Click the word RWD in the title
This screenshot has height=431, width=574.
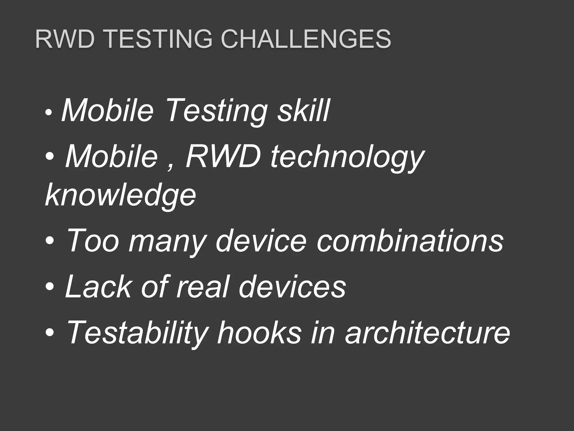[x=64, y=39]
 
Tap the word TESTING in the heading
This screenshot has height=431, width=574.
[x=159, y=39]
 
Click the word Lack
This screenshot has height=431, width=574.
[x=98, y=286]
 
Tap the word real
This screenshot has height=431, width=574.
[x=202, y=286]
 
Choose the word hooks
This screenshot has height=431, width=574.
[x=259, y=332]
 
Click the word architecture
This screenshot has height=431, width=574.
[x=427, y=332]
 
